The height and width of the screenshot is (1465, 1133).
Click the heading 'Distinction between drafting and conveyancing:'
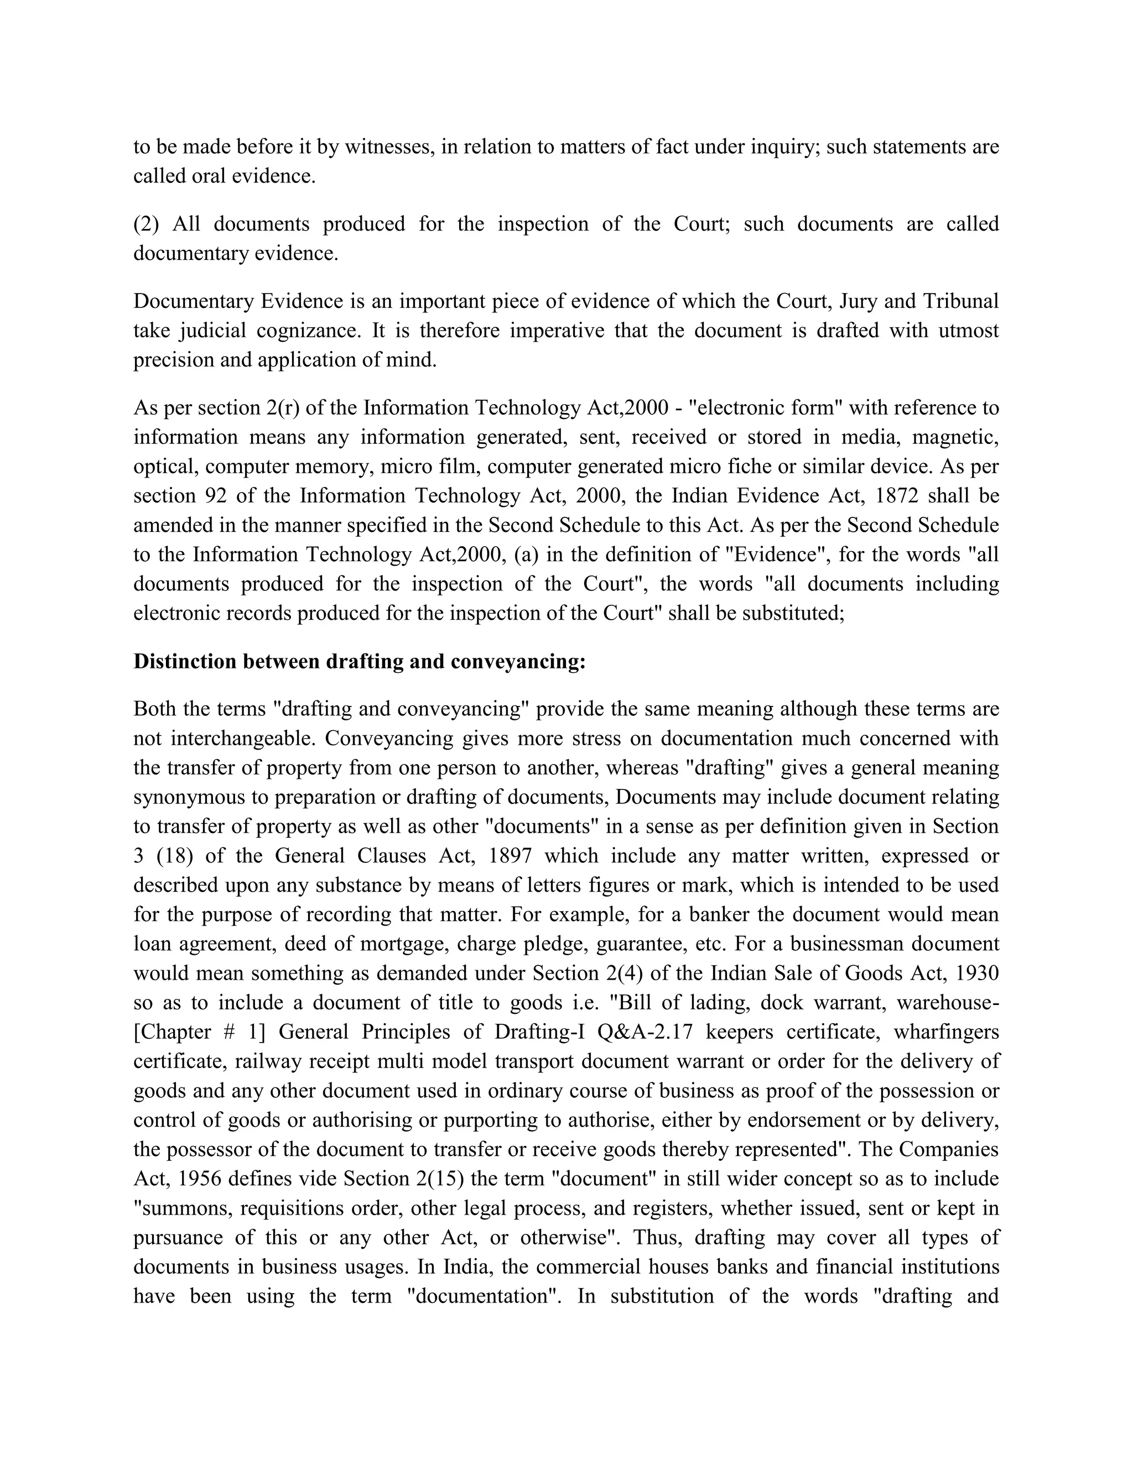point(360,662)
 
